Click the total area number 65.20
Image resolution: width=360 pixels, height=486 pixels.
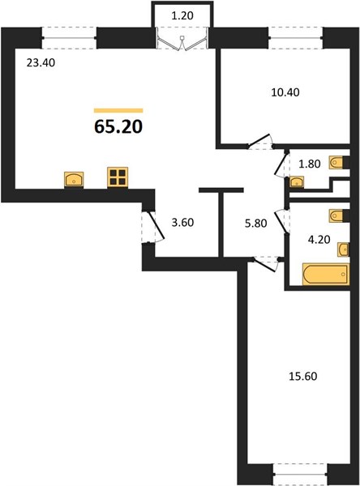click(118, 126)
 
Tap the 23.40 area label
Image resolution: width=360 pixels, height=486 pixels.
click(41, 63)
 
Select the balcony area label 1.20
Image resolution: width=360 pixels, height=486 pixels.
click(182, 15)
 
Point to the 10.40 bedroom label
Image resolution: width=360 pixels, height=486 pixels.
click(285, 92)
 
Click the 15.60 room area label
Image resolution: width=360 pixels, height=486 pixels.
click(303, 377)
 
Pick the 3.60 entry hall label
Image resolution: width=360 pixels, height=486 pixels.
click(182, 222)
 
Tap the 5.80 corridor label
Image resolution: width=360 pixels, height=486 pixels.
click(255, 224)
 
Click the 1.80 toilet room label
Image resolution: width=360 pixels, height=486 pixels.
click(310, 164)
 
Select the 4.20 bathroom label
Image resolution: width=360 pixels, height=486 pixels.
click(319, 240)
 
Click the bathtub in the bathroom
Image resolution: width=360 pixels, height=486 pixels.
click(326, 274)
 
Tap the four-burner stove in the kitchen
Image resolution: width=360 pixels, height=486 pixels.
click(118, 177)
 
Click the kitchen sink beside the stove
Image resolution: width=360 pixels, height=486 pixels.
click(74, 180)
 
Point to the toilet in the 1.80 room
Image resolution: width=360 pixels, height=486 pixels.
click(337, 163)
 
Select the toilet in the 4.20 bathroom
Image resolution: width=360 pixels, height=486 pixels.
click(337, 215)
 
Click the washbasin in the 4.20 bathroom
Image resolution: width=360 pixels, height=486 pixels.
click(343, 249)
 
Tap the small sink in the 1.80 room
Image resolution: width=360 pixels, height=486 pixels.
click(297, 182)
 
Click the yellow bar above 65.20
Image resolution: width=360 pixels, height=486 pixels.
click(118, 110)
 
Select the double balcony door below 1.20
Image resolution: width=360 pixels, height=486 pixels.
click(182, 39)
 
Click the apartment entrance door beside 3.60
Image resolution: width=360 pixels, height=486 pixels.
click(153, 227)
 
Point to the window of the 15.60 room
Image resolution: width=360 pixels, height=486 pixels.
click(301, 474)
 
